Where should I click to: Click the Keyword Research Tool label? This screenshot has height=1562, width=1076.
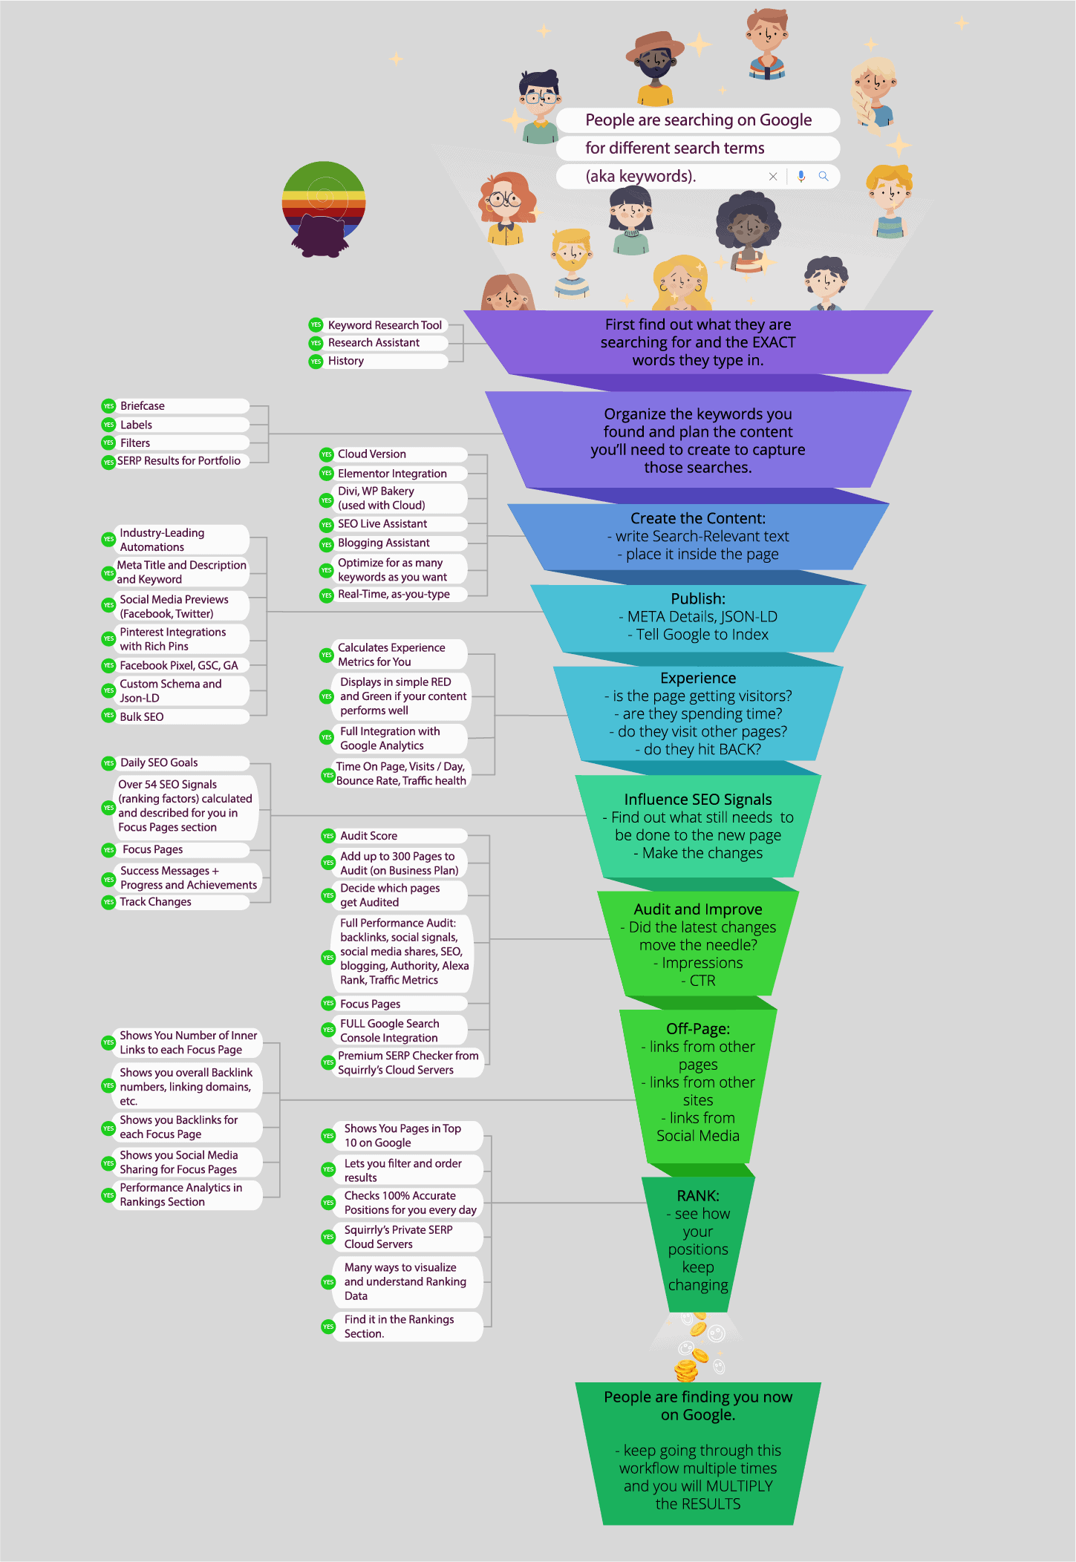pos(385,325)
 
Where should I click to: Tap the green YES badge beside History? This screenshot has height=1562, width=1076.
pos(316,361)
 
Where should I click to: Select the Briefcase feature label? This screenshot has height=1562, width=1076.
pos(143,406)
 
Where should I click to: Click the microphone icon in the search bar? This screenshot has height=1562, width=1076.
pos(801,176)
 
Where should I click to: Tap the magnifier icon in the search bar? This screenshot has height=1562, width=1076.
pos(824,176)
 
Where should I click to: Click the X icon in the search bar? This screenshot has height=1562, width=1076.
pos(773,176)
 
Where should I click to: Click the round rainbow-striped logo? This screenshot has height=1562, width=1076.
pos(324,209)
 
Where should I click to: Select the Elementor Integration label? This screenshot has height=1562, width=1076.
pos(392,474)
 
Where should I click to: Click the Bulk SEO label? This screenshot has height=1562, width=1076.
pos(142,717)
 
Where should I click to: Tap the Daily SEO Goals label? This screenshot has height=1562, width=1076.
pos(159,763)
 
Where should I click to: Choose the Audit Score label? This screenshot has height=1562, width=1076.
pos(368,836)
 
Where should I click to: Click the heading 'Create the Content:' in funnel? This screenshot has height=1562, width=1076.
pos(697,518)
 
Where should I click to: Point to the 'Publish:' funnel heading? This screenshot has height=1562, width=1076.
pos(697,598)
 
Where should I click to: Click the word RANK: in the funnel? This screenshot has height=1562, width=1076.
pos(697,1195)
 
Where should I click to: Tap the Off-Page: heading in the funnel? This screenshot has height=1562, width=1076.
pos(697,1028)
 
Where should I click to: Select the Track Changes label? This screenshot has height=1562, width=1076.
pos(155,902)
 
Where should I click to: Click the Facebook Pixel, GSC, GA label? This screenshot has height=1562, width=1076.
pos(179,666)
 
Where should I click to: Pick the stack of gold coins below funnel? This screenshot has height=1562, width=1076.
pos(685,1370)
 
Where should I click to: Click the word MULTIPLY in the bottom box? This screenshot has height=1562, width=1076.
pos(739,1486)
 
